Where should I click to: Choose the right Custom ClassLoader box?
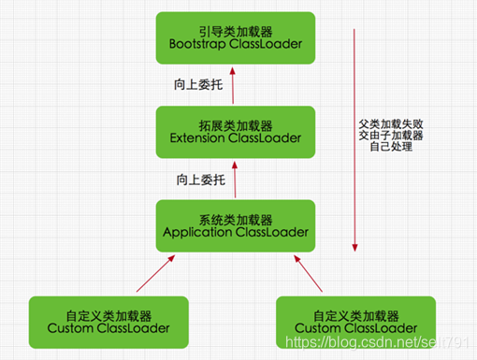355,322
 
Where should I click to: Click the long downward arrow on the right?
355,140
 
